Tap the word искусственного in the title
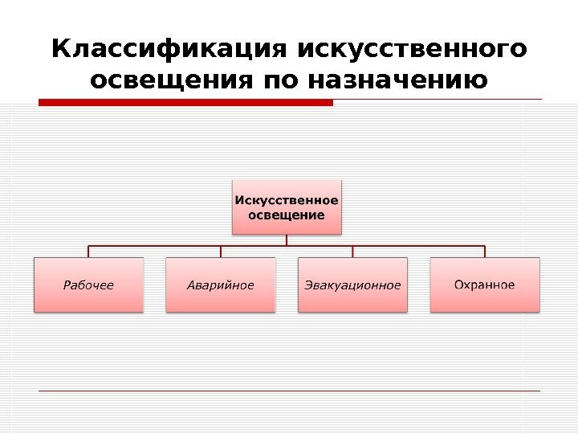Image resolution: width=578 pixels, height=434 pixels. tap(413, 50)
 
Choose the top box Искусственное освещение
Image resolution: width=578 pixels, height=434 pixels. tap(287, 207)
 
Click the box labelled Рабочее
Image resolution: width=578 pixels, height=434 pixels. tap(88, 285)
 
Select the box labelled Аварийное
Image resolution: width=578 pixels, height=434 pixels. tap(221, 285)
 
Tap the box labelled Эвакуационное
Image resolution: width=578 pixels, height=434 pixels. tap(352, 285)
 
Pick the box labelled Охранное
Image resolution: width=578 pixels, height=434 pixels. tap(485, 285)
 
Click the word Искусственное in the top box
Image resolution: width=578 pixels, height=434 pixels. tap(287, 200)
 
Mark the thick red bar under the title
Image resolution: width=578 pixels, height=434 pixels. tap(185, 102)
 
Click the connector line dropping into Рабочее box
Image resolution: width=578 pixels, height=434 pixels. tap(88, 252)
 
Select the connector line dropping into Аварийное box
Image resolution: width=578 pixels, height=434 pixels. tap(221, 252)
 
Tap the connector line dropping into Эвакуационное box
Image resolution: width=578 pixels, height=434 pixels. tap(353, 252)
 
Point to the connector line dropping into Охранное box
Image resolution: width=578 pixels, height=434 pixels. tap(485, 252)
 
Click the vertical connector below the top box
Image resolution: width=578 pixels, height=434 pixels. tap(287, 240)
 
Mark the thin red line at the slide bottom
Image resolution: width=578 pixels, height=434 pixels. tap(289, 391)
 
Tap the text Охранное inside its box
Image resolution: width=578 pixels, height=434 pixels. tap(485, 285)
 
